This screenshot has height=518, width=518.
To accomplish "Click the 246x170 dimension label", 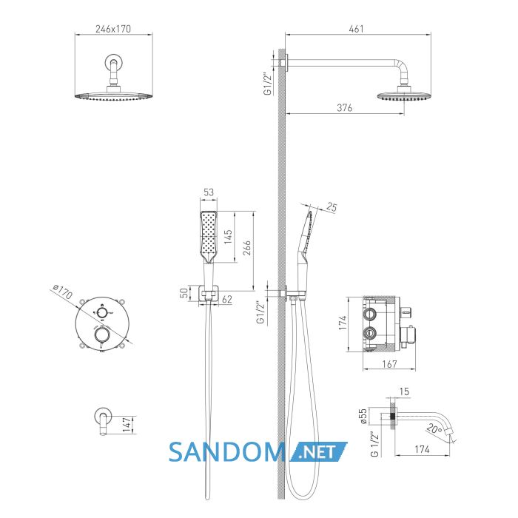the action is point(113,29).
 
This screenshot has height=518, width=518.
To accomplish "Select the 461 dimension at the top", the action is point(356,29).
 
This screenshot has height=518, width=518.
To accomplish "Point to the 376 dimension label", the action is point(345,108).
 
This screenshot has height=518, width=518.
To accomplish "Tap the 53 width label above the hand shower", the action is point(209,192).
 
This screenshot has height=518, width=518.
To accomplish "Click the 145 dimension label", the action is point(228,237).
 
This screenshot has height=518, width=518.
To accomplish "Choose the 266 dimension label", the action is point(247,248).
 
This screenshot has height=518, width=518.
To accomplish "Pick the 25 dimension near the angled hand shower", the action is point(332,207).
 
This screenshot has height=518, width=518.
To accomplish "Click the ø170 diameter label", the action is point(62,291).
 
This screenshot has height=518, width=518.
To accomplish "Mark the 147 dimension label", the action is point(127,425).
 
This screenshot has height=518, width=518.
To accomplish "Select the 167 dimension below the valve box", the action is point(389,364).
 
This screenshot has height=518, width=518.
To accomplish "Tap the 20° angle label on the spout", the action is point(434,428).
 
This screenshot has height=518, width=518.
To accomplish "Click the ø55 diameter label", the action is point(363,416).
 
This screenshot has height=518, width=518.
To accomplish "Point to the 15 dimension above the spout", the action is point(404,391).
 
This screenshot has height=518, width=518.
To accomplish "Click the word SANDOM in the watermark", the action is point(227,452).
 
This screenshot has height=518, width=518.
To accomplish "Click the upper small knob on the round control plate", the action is point(102,312).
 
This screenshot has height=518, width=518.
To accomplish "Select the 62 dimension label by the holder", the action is point(227,299).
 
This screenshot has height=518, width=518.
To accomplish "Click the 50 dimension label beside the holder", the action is point(184,293).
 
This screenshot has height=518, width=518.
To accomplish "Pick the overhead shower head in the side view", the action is point(404,96).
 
